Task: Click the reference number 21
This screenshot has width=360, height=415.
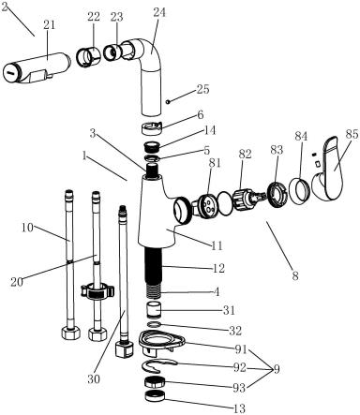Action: point(49,25)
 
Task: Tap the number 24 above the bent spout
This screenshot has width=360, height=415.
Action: point(159,12)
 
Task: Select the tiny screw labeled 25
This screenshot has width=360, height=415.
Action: point(168,101)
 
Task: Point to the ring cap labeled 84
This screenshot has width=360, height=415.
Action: point(299,190)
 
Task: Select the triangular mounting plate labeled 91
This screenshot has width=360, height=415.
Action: point(161,342)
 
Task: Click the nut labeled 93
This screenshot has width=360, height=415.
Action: point(155,383)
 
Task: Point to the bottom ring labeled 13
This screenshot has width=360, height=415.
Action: point(155,396)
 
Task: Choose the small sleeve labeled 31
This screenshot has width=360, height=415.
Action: point(153,309)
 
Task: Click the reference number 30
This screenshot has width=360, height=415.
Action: point(94,379)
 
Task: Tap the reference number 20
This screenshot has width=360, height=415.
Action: point(17,282)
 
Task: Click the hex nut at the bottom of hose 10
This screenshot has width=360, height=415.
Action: point(70,333)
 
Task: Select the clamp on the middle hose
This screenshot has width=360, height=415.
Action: point(97,291)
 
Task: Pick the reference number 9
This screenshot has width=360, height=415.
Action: point(277,370)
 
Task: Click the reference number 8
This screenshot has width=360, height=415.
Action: point(295,276)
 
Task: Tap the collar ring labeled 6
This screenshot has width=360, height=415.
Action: point(151,128)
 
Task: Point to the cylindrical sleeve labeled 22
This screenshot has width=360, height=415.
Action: point(89,56)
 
